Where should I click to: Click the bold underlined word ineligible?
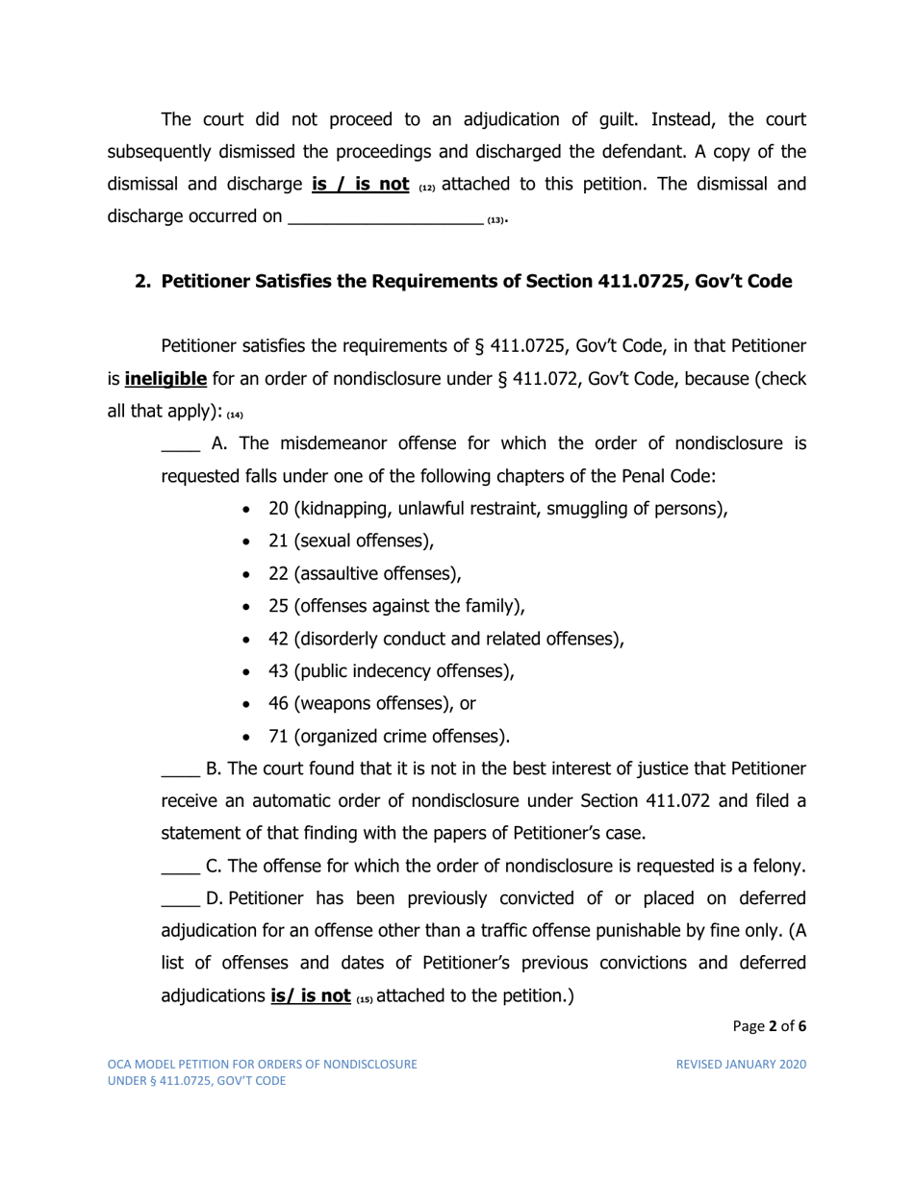165,379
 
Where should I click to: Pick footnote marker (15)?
364,999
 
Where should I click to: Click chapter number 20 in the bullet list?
279,509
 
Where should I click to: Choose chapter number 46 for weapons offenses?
279,704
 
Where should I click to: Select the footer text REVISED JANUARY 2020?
741,1065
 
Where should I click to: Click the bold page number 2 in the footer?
773,1026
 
